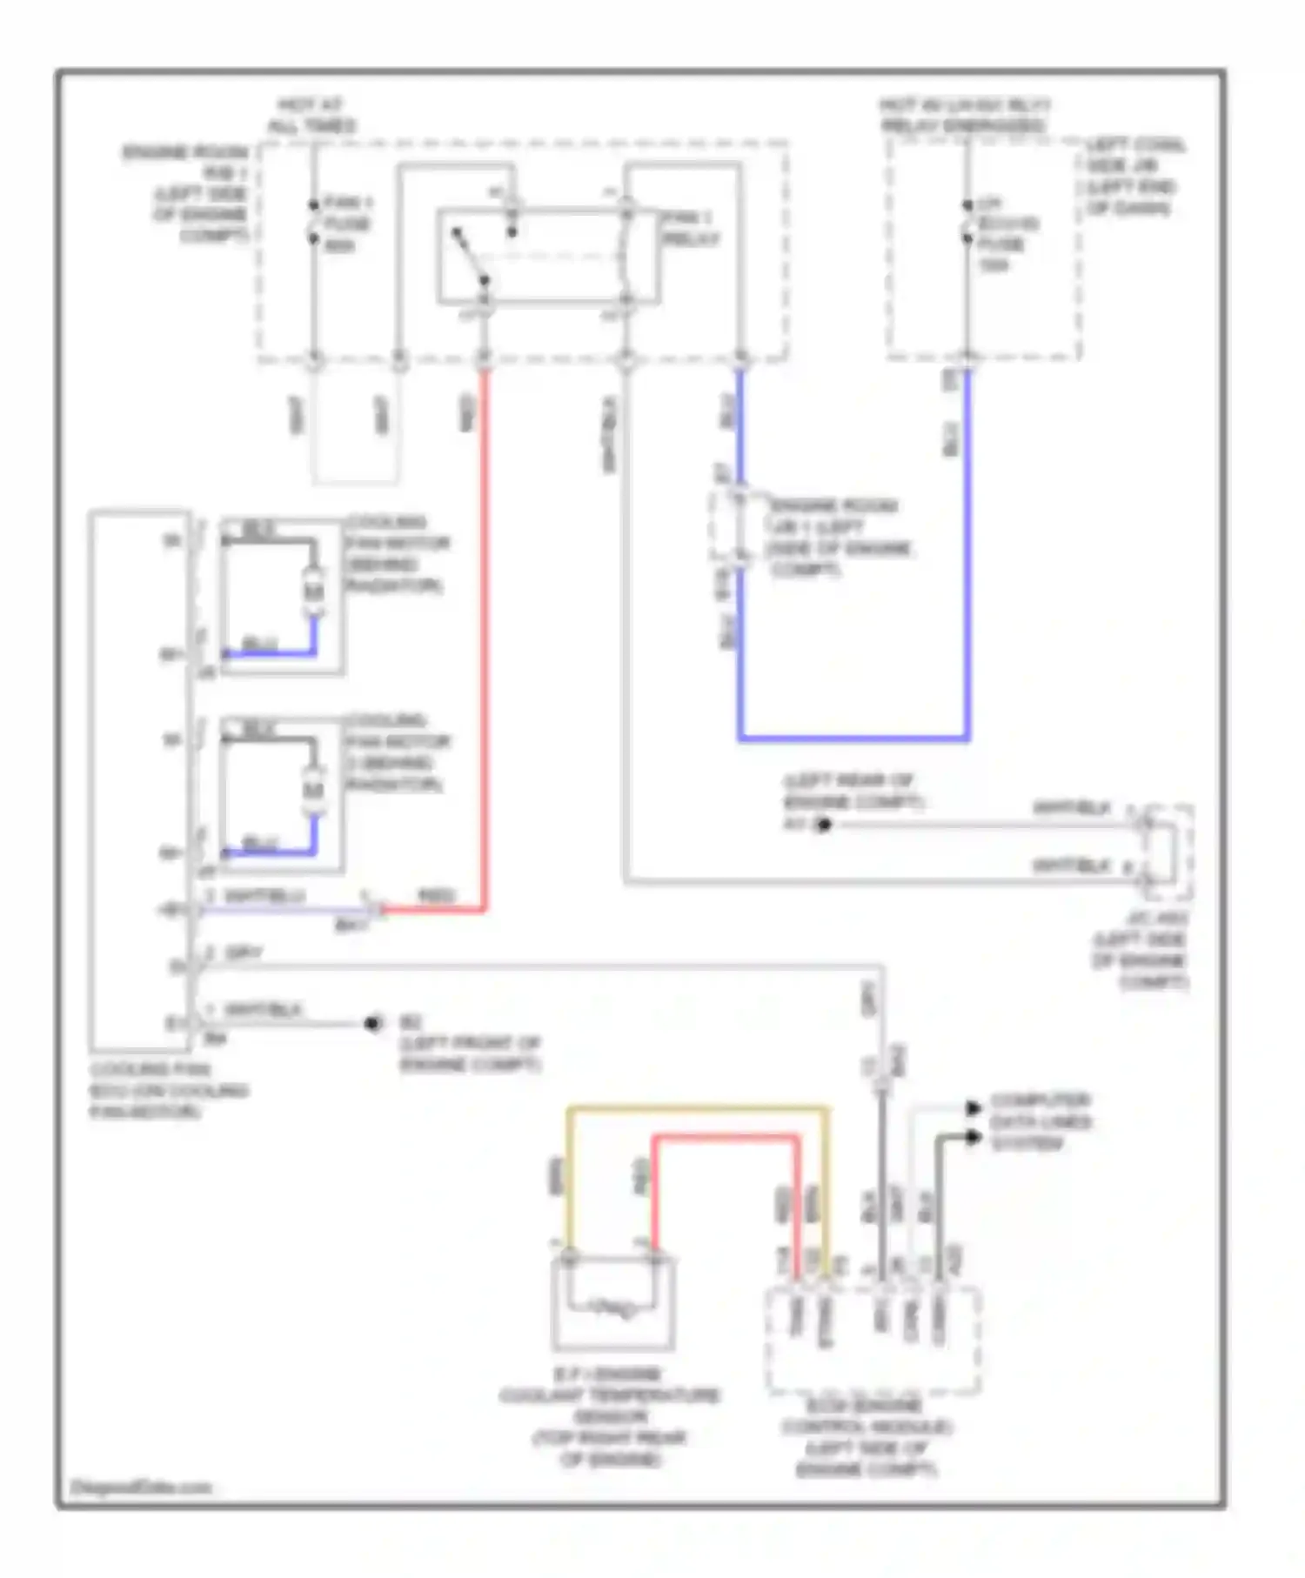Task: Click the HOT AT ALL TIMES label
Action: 311,116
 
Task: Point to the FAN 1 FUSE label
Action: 347,224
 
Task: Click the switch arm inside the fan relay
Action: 470,257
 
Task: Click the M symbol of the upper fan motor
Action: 313,592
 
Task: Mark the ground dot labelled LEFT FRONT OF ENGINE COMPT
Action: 373,1023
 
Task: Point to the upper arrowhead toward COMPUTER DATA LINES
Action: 974,1109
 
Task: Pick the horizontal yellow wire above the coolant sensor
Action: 696,1109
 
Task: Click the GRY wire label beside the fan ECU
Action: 244,954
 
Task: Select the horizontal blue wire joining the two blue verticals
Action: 853,739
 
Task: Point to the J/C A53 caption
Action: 1141,950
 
